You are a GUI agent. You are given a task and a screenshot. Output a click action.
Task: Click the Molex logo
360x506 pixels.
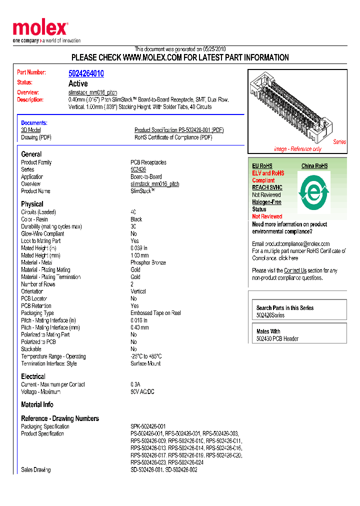[40, 29]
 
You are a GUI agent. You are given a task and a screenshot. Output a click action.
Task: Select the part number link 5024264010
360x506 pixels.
[86, 73]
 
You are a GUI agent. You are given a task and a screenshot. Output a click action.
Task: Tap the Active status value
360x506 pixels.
[78, 83]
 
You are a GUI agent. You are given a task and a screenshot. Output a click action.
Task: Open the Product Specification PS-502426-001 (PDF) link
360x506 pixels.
[179, 130]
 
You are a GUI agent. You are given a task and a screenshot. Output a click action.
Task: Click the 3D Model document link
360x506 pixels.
[31, 130]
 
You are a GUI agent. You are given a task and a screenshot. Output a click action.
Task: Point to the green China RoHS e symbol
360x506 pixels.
[314, 191]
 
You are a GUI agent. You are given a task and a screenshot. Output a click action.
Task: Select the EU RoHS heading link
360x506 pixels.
[262, 166]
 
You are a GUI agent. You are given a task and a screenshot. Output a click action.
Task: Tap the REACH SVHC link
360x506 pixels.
[267, 187]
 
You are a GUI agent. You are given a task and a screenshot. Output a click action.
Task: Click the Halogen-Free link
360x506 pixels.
[266, 202]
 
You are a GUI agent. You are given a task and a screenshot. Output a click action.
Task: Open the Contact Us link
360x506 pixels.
[295, 270]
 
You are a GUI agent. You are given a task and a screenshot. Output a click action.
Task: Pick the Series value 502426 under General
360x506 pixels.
[138, 169]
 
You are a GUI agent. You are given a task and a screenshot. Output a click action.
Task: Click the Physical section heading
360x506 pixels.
[32, 204]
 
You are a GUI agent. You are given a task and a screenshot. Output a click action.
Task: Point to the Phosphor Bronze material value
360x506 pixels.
[148, 262]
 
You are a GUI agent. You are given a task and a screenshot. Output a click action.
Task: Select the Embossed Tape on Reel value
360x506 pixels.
[155, 313]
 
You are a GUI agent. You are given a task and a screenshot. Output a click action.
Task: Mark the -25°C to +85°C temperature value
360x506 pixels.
[146, 356]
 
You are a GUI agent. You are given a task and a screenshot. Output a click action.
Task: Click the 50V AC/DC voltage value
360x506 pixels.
[142, 391]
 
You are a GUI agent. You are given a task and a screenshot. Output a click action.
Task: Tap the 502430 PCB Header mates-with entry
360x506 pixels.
[277, 338]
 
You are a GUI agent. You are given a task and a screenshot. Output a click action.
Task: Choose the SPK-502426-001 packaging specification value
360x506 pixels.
[149, 426]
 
